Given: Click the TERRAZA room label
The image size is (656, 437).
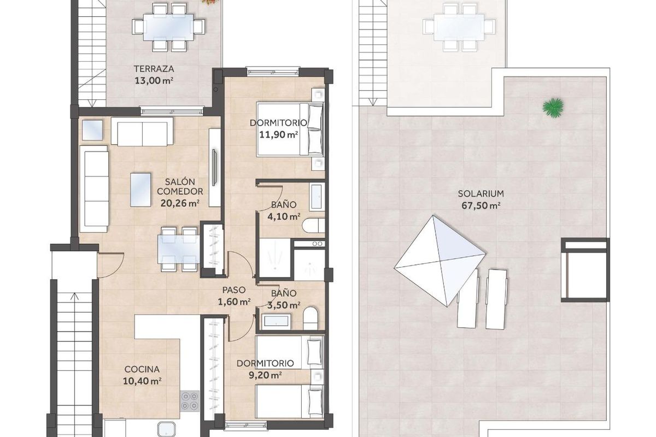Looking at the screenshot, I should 154,69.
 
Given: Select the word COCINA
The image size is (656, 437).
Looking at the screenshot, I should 142,369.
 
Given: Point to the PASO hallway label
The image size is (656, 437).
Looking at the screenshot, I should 233,290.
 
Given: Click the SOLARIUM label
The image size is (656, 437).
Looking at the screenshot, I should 481,193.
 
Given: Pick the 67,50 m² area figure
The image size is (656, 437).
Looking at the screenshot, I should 481,205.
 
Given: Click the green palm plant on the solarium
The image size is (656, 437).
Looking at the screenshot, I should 554,107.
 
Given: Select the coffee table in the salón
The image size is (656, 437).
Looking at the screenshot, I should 142,190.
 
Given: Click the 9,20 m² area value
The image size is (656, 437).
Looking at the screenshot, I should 267,375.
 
